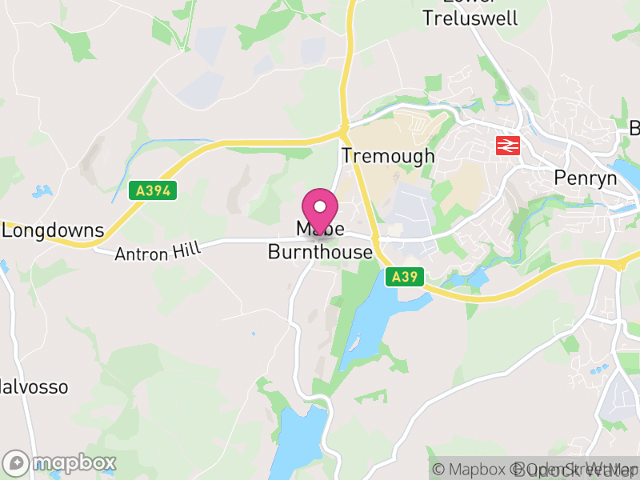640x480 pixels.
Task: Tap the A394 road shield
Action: tap(152, 190)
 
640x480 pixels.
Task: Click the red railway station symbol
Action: tap(506, 146)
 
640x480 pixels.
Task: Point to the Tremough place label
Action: tap(388, 155)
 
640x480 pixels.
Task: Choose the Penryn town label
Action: tap(586, 177)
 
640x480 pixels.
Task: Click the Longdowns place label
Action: tap(53, 231)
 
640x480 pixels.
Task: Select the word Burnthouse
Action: tap(320, 253)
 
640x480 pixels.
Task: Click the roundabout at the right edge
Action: tap(620, 265)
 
